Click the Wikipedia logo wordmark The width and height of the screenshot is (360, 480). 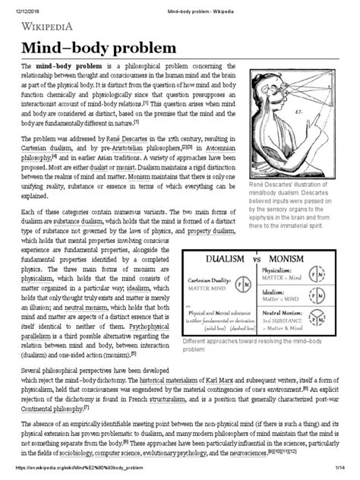pos(48,27)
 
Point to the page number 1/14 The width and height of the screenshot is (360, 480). pos(341,474)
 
